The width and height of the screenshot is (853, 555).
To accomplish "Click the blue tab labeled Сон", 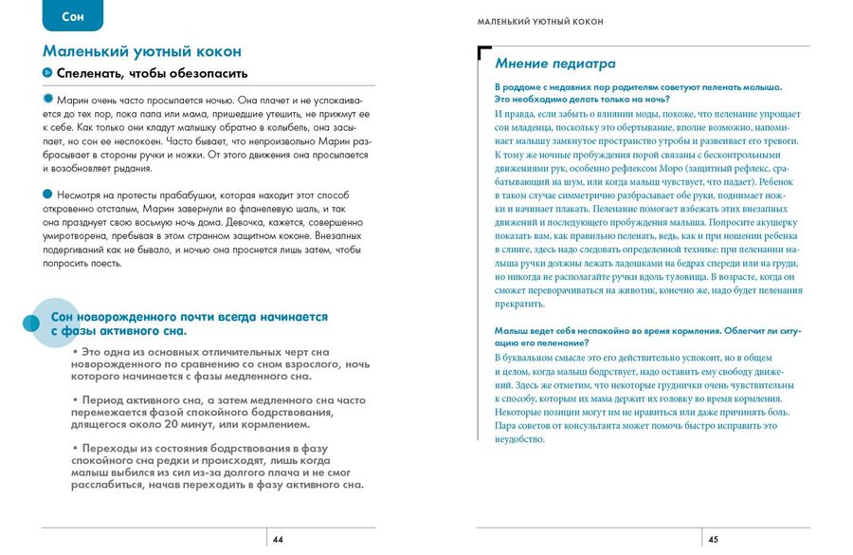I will [73, 16].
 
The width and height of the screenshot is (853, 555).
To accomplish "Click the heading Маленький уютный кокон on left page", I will [142, 51].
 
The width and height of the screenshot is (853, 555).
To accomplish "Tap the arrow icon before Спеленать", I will [47, 73].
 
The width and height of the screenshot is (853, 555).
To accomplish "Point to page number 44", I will [278, 540].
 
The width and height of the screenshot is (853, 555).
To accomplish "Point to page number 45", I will [713, 540].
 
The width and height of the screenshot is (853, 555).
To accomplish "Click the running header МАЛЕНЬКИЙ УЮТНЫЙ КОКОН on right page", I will [540, 21].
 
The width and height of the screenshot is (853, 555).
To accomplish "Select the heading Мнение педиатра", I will [555, 64].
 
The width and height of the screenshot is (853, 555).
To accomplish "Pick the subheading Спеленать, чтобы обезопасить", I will [152, 73].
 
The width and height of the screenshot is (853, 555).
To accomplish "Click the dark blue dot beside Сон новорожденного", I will [30, 324].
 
